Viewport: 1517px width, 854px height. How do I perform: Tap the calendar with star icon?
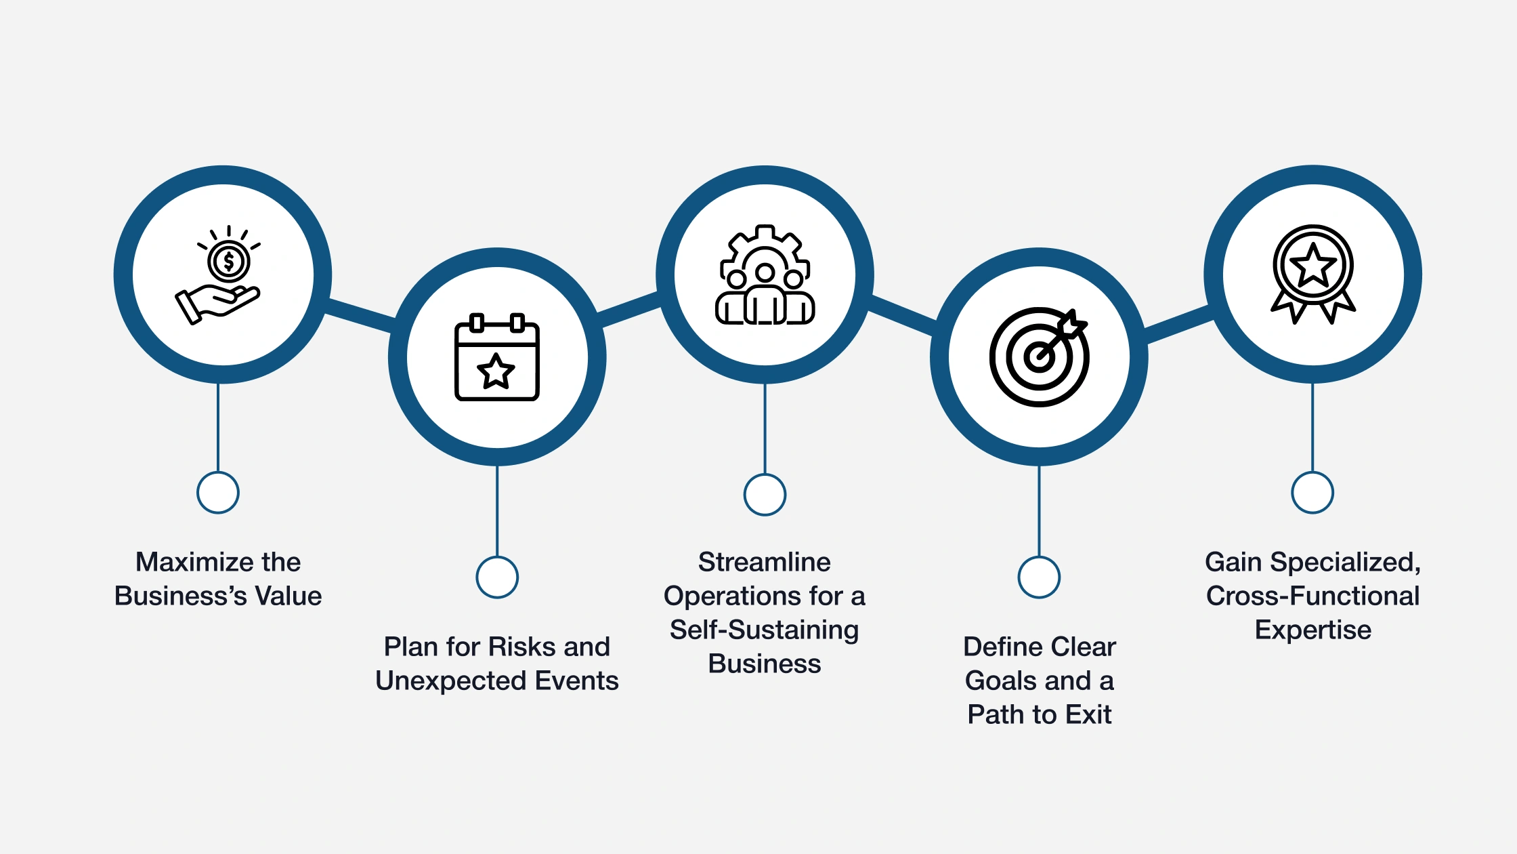click(x=497, y=357)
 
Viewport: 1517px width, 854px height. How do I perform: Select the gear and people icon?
click(x=765, y=275)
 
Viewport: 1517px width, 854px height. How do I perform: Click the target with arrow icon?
click(x=1039, y=357)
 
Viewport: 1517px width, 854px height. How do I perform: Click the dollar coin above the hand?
click(x=229, y=262)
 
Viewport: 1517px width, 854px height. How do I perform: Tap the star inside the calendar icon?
click(x=496, y=371)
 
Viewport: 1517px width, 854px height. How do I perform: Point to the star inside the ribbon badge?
click(x=1313, y=264)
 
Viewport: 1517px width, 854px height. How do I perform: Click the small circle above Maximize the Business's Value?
click(x=218, y=493)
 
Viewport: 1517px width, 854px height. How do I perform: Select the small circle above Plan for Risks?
click(x=497, y=577)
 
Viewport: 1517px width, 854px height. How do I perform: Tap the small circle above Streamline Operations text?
click(x=765, y=495)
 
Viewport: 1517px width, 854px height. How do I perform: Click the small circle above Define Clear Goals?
click(x=1039, y=577)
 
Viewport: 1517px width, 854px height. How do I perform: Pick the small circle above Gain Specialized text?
click(x=1312, y=493)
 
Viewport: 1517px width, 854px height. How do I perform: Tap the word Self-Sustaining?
click(x=765, y=630)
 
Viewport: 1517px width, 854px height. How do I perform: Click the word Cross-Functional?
click(x=1312, y=596)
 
